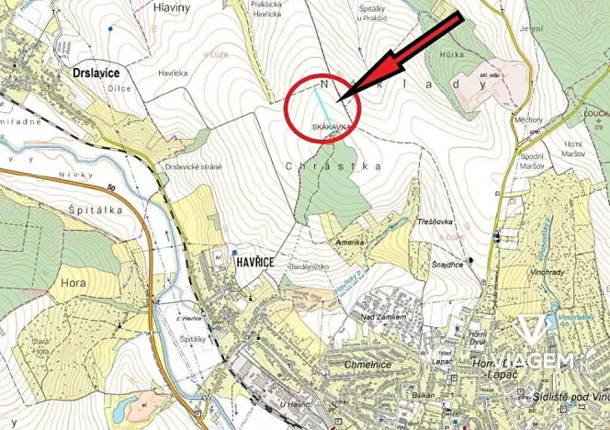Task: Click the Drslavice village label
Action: point(98,70)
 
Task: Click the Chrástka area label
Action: point(321,166)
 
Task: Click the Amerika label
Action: point(350,241)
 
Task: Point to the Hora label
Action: point(73,284)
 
